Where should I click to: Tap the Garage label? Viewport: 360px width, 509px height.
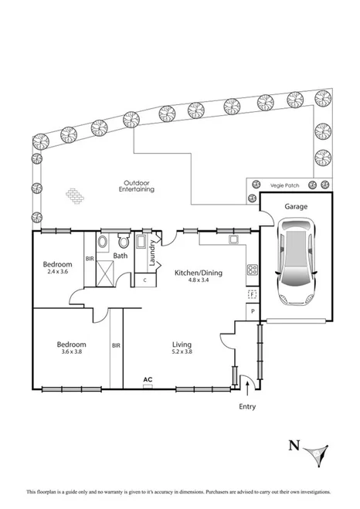click(x=297, y=207)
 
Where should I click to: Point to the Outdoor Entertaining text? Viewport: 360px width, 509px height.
click(x=136, y=185)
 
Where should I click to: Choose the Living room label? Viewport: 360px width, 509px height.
click(x=182, y=344)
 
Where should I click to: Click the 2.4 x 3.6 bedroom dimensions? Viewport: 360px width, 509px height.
click(x=58, y=272)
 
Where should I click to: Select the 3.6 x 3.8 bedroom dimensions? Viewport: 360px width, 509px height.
click(x=70, y=352)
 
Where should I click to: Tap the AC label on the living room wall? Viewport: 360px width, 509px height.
click(x=148, y=379)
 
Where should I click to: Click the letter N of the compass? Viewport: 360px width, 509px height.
click(x=293, y=444)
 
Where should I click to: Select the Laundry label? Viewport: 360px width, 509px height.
click(x=152, y=256)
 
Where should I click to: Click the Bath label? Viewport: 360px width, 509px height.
click(x=120, y=256)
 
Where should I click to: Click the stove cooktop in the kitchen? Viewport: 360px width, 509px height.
click(x=252, y=270)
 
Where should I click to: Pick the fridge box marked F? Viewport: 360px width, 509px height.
click(x=252, y=294)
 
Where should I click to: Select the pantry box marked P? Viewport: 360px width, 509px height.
click(x=252, y=310)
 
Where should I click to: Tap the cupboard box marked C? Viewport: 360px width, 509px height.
click(x=145, y=280)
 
